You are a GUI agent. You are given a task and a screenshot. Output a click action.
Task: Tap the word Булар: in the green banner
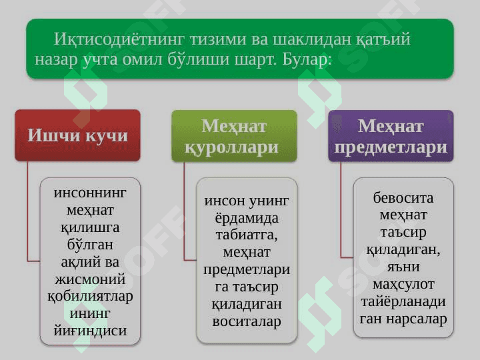coord(307,59)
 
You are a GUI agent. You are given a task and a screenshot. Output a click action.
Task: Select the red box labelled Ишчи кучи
coord(78,135)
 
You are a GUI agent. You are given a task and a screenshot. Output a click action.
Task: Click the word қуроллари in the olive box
coord(231,148)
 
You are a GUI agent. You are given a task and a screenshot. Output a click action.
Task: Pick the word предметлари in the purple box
coord(391,147)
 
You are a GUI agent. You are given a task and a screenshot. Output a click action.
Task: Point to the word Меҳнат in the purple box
coord(391,126)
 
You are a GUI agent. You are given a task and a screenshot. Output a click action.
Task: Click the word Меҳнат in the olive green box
coord(234,126)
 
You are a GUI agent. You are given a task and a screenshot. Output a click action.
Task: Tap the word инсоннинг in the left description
coord(90,193)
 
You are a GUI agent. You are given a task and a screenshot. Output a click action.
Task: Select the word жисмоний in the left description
coord(90,279)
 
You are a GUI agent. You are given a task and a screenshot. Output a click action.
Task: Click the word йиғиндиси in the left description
coord(90,331)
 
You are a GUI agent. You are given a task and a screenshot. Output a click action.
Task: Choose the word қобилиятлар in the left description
coord(90,296)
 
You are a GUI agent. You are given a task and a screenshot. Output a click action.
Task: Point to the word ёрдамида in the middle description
coord(247,218)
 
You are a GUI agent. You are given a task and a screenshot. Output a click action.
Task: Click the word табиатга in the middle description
coord(247,235)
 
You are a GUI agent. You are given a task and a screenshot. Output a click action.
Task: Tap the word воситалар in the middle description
coord(247,321)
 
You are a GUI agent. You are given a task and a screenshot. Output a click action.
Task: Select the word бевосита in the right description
coord(403,198)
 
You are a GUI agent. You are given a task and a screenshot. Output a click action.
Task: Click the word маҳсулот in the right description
coord(403,285)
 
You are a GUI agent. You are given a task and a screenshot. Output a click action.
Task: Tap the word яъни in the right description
coord(403,267)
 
